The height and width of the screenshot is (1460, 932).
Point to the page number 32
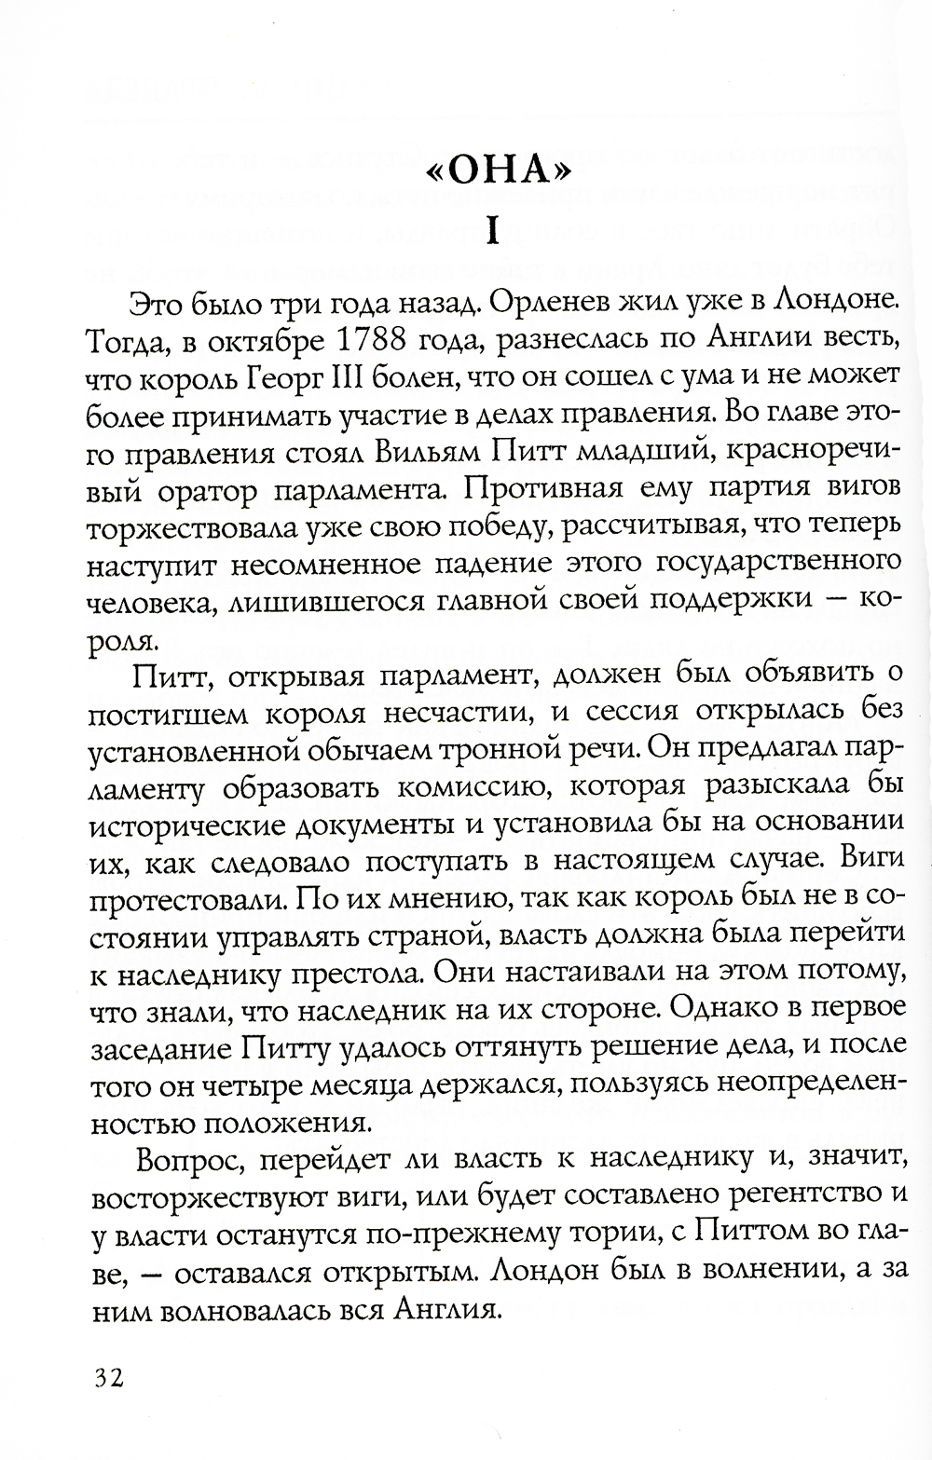tap(108, 1377)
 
